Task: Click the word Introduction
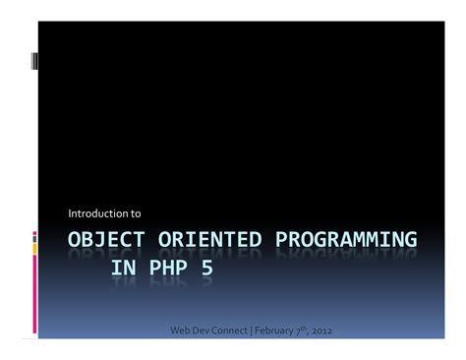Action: pos(97,212)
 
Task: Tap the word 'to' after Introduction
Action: pos(136,212)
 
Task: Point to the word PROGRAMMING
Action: pos(346,240)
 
